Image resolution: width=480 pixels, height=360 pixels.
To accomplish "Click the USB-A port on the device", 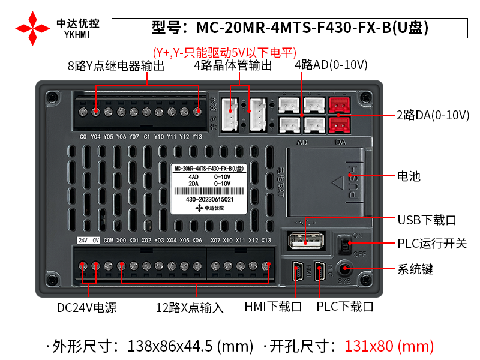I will click(x=305, y=241).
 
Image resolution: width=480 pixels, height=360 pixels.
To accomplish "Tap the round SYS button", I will click(x=344, y=269).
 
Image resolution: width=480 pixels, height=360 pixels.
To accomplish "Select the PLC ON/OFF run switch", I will click(x=344, y=245).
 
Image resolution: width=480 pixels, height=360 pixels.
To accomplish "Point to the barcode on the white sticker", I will click(x=209, y=190).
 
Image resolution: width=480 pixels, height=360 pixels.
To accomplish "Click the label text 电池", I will click(x=409, y=176).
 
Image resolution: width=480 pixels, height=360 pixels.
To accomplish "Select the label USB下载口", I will click(x=427, y=220).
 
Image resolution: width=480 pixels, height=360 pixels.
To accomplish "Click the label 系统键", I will click(x=415, y=269).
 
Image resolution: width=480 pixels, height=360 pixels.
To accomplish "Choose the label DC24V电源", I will click(x=86, y=308).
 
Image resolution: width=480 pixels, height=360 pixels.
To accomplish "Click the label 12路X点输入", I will click(x=190, y=308).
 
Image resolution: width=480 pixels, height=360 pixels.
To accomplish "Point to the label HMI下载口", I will click(x=273, y=307).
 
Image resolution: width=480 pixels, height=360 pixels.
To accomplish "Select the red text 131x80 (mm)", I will click(x=389, y=346).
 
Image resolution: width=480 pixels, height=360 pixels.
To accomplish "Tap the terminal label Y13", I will click(x=197, y=136).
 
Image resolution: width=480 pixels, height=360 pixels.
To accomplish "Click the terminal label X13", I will click(x=266, y=241).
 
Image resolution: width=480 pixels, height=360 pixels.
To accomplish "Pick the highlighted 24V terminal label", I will click(x=82, y=241).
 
